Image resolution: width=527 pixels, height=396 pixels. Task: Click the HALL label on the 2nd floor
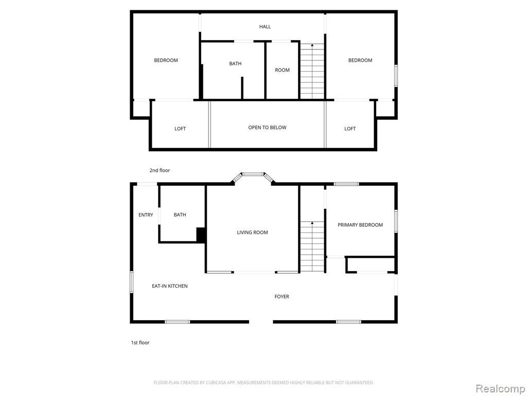coord(265,27)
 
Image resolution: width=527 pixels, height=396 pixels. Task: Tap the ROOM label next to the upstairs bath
coord(282,70)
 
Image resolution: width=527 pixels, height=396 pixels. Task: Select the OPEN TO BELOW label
coord(267,127)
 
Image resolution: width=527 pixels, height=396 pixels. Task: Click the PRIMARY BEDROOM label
coord(360,225)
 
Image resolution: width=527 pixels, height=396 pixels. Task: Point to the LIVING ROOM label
coord(252,233)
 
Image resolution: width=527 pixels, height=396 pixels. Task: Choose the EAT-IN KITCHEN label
coord(170,286)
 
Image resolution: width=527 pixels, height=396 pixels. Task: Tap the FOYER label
coord(282,296)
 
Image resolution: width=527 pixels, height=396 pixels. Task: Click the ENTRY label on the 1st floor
coord(146,215)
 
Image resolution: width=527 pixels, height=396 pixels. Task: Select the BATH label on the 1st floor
coord(180,215)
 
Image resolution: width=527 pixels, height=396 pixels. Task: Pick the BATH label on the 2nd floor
coord(235,63)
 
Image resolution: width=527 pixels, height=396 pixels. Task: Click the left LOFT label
coord(180,128)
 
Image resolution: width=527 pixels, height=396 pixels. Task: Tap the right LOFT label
coord(350,128)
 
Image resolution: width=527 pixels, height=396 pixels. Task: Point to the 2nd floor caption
coord(160,170)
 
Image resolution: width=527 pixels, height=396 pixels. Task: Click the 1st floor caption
coord(140,342)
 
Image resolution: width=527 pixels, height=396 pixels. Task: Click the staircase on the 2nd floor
coord(312,71)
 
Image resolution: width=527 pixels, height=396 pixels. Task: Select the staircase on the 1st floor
coord(312,246)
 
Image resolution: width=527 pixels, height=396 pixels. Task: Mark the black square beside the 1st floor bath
coord(201,235)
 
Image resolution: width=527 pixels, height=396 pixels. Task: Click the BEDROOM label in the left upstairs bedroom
coord(166,60)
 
